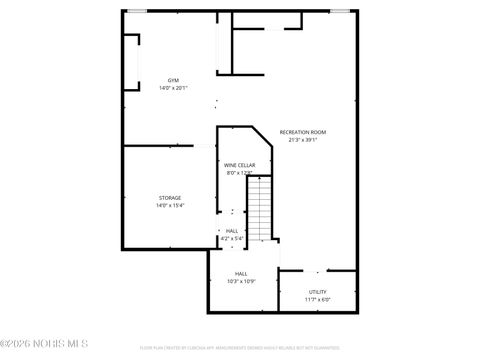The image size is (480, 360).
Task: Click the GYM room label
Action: pyautogui.click(x=172, y=80)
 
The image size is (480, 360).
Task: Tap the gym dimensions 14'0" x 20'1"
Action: pyautogui.click(x=172, y=88)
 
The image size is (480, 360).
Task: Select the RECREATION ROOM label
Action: pyautogui.click(x=302, y=132)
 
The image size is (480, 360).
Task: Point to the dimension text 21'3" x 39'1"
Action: pyautogui.click(x=302, y=140)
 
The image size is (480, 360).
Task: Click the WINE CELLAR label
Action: pyautogui.click(x=238, y=165)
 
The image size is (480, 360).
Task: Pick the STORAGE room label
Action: pyautogui.click(x=170, y=198)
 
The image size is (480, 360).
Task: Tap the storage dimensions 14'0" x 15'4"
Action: pyautogui.click(x=170, y=206)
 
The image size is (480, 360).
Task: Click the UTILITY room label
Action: pyautogui.click(x=317, y=291)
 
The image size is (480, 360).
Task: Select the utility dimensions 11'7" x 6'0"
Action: pyautogui.click(x=317, y=299)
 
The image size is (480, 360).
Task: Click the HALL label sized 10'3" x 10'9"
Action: pyautogui.click(x=241, y=273)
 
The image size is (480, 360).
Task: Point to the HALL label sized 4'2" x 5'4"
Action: pyautogui.click(x=232, y=231)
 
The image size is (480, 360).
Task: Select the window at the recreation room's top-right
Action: pyautogui.click(x=340, y=11)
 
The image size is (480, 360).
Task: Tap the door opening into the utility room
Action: pyautogui.click(x=318, y=271)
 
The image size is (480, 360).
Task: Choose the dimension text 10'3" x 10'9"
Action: pyautogui.click(x=241, y=281)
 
